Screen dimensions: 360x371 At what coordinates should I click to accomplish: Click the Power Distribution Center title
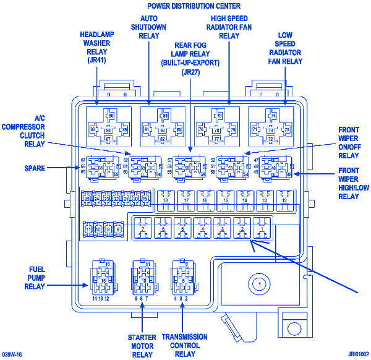[x=185, y=6]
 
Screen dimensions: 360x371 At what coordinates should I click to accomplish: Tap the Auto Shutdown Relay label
[x=149, y=27]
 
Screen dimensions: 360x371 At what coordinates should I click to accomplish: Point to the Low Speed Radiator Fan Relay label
[x=285, y=48]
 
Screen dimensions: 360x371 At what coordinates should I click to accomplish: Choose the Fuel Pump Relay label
[x=35, y=278]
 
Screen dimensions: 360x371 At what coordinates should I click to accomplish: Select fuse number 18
[x=165, y=200]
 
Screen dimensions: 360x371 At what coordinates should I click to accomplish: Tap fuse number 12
[x=285, y=200]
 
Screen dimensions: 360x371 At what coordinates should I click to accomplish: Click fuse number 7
[x=143, y=229]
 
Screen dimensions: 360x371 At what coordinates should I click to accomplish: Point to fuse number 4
[x=202, y=229]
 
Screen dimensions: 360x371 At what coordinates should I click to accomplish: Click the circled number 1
[x=261, y=284]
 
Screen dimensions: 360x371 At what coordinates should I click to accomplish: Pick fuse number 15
[x=225, y=200]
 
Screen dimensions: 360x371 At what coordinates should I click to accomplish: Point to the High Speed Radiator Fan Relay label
[x=229, y=27]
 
